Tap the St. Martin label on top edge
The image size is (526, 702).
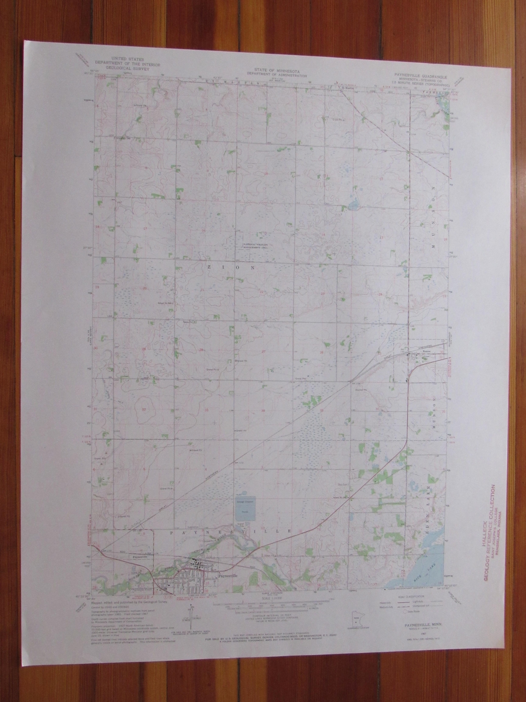coord(347,86)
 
